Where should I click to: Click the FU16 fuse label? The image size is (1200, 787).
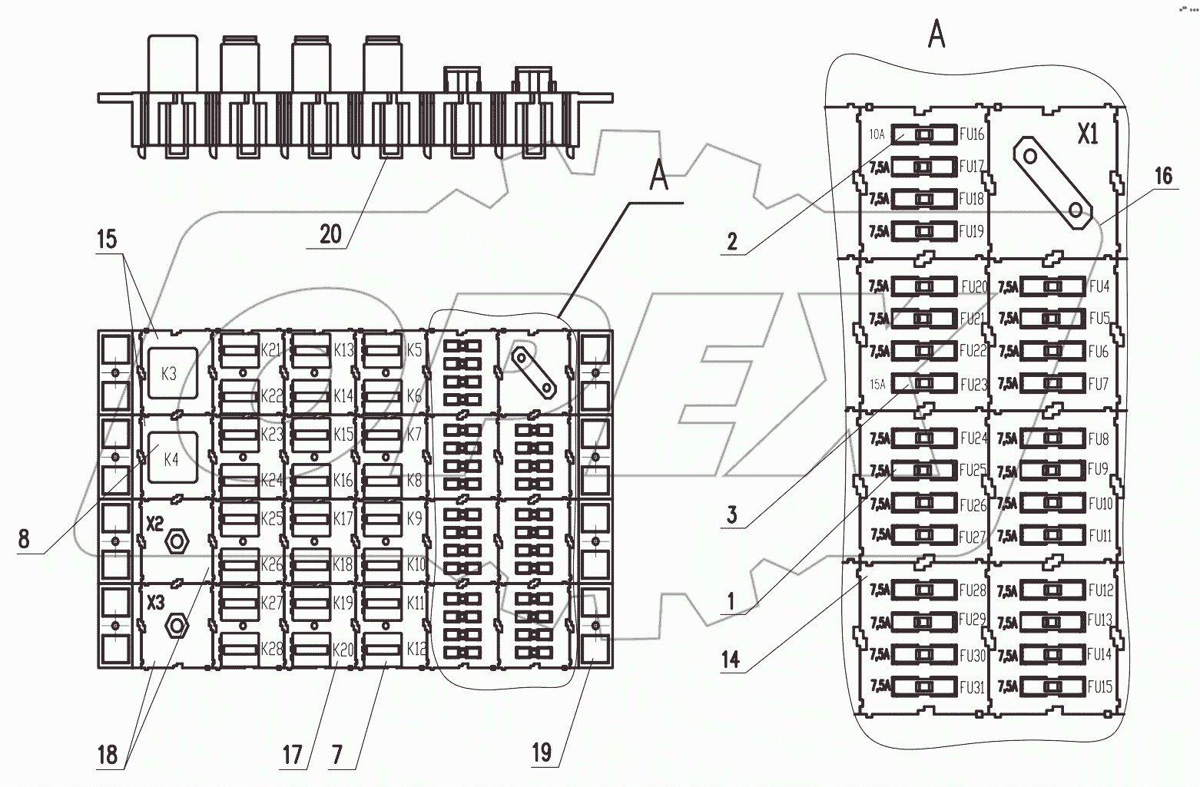[971, 134]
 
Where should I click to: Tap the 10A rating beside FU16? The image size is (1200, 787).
[877, 134]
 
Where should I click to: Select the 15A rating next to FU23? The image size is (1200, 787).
[877, 383]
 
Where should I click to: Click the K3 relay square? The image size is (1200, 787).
[170, 373]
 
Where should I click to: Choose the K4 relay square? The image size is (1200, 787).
[171, 459]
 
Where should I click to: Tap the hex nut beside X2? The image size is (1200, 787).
[177, 541]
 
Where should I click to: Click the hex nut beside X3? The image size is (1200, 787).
[177, 626]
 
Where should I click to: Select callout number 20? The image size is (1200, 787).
[330, 233]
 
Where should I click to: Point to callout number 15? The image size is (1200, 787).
[107, 239]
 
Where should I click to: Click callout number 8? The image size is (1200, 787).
[24, 539]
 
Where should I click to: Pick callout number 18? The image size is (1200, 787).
[107, 754]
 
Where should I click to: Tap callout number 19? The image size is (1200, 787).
[542, 752]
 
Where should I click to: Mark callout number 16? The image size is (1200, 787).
[1164, 176]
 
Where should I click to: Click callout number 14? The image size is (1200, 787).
[731, 658]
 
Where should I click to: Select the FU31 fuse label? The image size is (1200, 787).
[972, 688]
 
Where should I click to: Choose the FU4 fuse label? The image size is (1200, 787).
[1099, 287]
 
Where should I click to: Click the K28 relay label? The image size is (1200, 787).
[271, 649]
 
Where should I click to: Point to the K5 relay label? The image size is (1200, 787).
[414, 350]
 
